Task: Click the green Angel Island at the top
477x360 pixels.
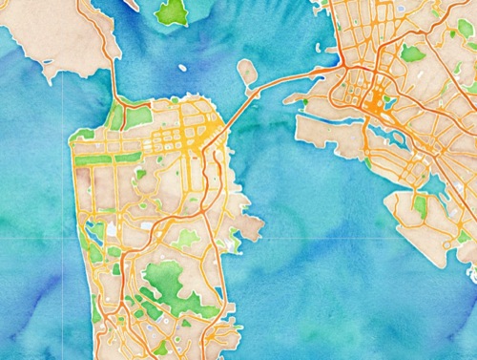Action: point(172,11)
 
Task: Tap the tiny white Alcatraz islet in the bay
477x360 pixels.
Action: point(182,68)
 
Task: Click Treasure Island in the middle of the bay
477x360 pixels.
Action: point(246,72)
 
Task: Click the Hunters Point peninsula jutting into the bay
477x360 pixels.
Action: point(250,227)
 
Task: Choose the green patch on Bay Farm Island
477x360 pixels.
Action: point(421,205)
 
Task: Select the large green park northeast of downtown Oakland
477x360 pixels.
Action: point(412,53)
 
